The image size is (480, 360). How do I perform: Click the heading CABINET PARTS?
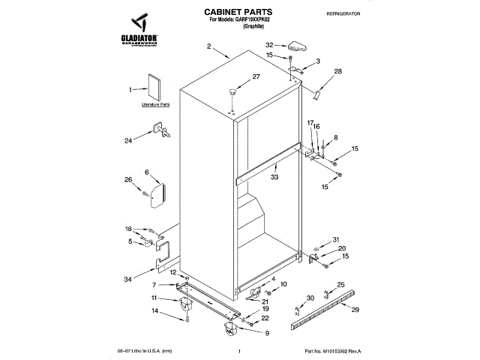(x=238, y=13)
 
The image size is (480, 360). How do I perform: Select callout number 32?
(x=269, y=46)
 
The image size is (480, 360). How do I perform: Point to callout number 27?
(x=256, y=76)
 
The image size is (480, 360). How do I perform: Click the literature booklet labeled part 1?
(x=153, y=87)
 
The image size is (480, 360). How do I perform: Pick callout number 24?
(x=128, y=139)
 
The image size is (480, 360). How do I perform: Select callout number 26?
(x=128, y=180)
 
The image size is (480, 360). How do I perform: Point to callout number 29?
(x=355, y=310)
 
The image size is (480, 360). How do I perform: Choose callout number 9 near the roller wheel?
(x=267, y=332)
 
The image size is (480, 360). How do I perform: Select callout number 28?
(x=337, y=71)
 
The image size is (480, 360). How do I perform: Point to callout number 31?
(x=336, y=239)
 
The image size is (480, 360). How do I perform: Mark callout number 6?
(x=147, y=172)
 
